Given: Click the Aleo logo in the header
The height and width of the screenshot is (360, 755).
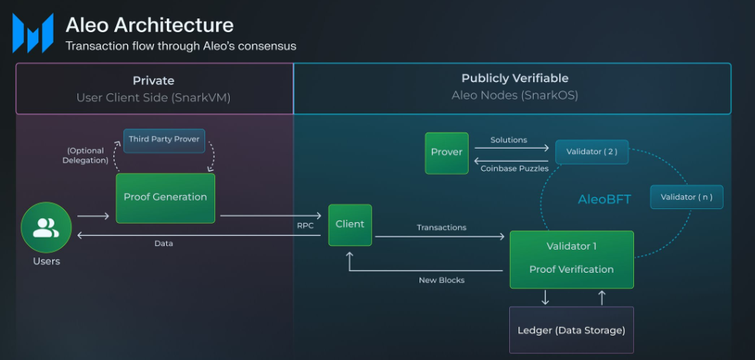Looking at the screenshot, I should [32, 33].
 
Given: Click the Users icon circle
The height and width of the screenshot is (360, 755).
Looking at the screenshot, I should [46, 227].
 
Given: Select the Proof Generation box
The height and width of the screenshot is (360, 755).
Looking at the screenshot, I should [165, 198].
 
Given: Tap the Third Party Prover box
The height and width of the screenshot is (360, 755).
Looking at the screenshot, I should [164, 140].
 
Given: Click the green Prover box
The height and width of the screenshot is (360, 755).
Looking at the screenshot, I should [446, 152].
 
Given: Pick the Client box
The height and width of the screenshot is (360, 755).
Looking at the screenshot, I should [350, 224].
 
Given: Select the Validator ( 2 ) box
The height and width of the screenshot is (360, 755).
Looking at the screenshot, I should [591, 152].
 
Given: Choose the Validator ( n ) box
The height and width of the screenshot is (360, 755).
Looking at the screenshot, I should [686, 197].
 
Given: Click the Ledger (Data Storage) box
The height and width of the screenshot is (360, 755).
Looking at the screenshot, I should [571, 330].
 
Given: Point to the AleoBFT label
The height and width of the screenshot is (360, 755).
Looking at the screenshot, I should [604, 199].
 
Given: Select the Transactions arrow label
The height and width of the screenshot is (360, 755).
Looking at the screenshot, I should [441, 227].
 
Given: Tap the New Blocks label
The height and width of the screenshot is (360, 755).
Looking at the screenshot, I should [441, 280].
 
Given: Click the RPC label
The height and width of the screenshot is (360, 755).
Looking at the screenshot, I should [306, 226].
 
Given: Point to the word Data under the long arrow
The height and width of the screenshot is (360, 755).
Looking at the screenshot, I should [163, 244].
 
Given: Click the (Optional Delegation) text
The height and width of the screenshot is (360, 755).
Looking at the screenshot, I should [86, 155].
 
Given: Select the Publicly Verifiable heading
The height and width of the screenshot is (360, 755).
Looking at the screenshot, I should [515, 79].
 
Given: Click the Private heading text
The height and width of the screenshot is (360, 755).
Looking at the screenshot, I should [153, 80].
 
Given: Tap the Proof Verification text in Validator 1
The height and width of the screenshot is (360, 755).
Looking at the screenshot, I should [571, 270].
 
